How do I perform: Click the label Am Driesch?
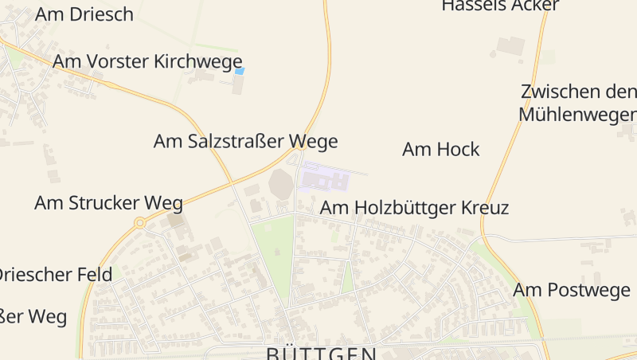click(x=84, y=14)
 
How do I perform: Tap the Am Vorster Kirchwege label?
click(x=147, y=61)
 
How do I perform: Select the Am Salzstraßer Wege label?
click(x=245, y=142)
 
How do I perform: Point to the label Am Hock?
click(x=440, y=149)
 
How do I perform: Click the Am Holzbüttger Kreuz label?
click(x=414, y=209)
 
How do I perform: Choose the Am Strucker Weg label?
click(x=108, y=202)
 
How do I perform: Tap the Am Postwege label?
click(x=571, y=290)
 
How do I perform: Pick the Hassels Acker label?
click(x=500, y=6)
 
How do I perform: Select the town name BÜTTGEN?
click(x=321, y=353)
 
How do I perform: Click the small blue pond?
click(x=239, y=71)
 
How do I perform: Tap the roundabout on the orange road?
click(x=139, y=223)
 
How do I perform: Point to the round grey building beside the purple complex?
click(x=281, y=184)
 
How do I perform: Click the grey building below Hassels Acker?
click(x=510, y=45)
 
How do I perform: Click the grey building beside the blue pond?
click(x=237, y=84)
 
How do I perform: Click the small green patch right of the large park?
click(x=347, y=278)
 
